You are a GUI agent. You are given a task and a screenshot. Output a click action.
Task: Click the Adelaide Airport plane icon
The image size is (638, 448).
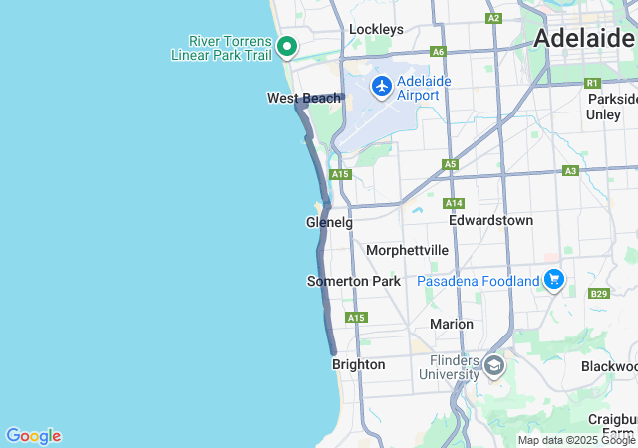[381, 86]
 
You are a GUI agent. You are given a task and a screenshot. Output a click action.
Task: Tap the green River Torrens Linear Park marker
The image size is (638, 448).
[287, 46]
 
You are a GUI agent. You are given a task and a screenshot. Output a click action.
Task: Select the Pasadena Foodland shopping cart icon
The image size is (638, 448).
[554, 280]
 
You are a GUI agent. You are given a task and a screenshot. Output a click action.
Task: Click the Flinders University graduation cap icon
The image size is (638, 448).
[492, 366]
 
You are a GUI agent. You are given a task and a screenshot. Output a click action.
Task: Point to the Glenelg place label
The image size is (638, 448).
[329, 223]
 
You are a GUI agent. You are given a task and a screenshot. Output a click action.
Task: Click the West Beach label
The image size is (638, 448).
[304, 98]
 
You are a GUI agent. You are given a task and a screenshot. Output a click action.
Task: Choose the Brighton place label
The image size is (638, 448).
[358, 365]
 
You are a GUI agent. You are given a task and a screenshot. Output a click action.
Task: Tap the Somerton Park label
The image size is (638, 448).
[353, 282]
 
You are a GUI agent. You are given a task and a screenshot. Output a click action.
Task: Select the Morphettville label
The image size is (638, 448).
[407, 250]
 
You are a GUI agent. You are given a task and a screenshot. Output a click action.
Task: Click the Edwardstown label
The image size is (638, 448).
[490, 220]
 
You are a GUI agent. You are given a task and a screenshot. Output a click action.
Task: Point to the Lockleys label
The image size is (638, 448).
[376, 30]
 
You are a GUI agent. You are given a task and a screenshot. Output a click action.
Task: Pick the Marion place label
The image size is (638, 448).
[451, 324]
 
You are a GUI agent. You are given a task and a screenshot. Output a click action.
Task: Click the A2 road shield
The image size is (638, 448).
[493, 18]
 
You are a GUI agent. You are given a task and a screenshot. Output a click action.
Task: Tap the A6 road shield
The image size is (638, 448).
[438, 51]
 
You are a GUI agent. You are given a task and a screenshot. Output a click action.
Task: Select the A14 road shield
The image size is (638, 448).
[454, 202]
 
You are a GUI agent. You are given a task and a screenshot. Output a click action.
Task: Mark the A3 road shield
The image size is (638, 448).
[570, 171]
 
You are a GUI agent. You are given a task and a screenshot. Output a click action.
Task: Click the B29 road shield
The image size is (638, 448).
[598, 294]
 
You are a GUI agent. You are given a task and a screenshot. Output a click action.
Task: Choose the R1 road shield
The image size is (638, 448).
[592, 83]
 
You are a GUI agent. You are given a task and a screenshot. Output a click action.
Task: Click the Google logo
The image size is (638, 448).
[33, 436]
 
